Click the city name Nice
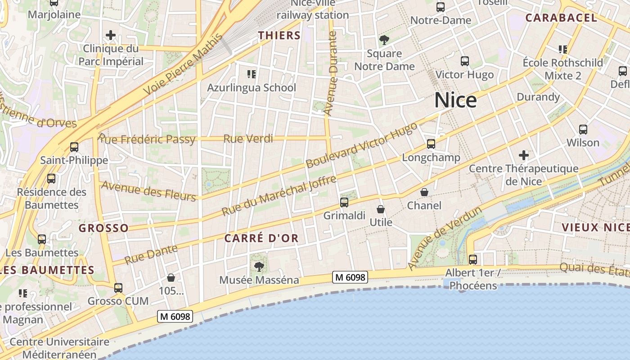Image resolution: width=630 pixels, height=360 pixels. point(455,100)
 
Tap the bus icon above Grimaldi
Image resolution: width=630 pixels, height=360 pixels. point(344,202)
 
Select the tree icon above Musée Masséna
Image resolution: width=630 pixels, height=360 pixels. point(259,266)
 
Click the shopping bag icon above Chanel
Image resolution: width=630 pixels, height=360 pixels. point(424,192)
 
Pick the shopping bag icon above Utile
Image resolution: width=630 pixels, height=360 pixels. point(381,209)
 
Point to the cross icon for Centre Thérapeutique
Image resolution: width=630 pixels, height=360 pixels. point(523,156)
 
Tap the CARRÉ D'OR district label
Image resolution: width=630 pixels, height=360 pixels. point(261,238)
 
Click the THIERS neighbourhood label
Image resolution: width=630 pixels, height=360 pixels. point(279,36)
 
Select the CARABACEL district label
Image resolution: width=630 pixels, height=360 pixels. point(561,18)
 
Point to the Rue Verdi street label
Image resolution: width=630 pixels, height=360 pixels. point(248,139)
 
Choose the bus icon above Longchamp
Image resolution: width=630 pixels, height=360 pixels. point(431,144)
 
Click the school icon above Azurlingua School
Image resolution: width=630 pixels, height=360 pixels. point(251,74)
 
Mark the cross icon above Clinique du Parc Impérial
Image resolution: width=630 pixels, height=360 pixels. point(111,35)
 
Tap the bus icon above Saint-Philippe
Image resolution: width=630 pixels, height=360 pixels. point(74,147)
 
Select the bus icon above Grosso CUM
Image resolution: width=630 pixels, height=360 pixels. point(118,288)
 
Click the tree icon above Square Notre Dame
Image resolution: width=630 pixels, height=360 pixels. point(384,40)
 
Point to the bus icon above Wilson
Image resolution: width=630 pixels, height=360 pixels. point(583,130)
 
